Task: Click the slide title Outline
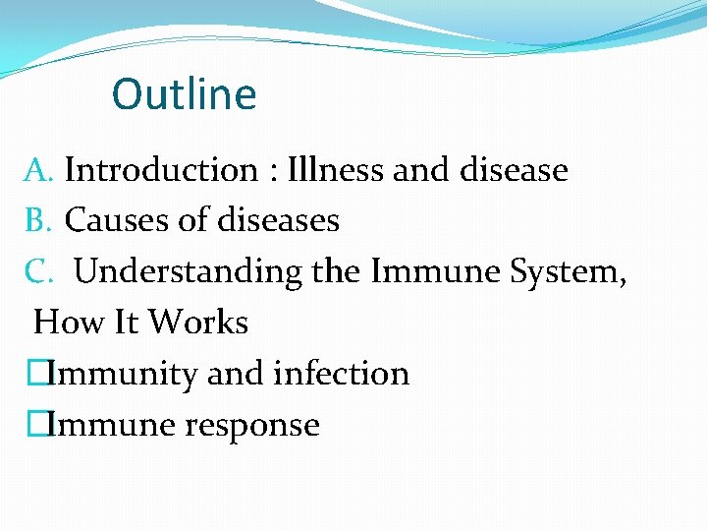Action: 184,94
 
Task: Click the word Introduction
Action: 160,170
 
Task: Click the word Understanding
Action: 188,272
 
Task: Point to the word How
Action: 62,323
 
